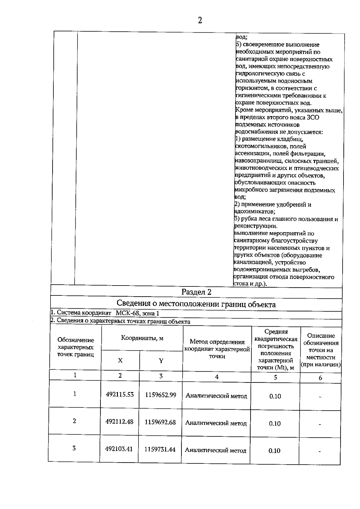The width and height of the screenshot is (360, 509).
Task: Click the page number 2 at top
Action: pyautogui.click(x=200, y=20)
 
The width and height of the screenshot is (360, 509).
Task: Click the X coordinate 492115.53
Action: pyautogui.click(x=120, y=394)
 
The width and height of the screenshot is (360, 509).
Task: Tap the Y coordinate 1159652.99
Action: pyautogui.click(x=160, y=395)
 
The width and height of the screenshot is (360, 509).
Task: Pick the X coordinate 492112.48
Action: pyautogui.click(x=119, y=422)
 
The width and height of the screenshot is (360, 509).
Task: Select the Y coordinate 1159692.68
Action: pyautogui.click(x=160, y=422)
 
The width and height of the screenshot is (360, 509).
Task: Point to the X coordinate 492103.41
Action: pyautogui.click(x=119, y=449)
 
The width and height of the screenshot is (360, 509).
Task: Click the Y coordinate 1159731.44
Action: pyautogui.click(x=160, y=449)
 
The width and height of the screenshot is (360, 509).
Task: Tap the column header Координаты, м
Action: pyautogui.click(x=142, y=338)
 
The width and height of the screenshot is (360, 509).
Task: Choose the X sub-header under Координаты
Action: pyautogui.click(x=120, y=361)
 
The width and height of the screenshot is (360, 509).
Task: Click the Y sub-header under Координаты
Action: pyautogui.click(x=161, y=361)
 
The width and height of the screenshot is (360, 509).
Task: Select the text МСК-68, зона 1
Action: pyautogui.click(x=137, y=313)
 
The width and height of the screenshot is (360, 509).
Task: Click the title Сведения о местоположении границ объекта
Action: pyautogui.click(x=196, y=304)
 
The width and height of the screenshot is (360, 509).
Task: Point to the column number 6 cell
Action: pyautogui.click(x=320, y=378)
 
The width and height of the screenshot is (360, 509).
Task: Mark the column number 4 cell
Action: pyautogui.click(x=217, y=377)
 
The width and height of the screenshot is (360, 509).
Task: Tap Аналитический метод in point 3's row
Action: pyautogui.click(x=216, y=450)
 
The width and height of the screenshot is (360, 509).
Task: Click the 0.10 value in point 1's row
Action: pyautogui.click(x=275, y=396)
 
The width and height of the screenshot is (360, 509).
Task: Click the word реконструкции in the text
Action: pyautogui.click(x=256, y=226)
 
